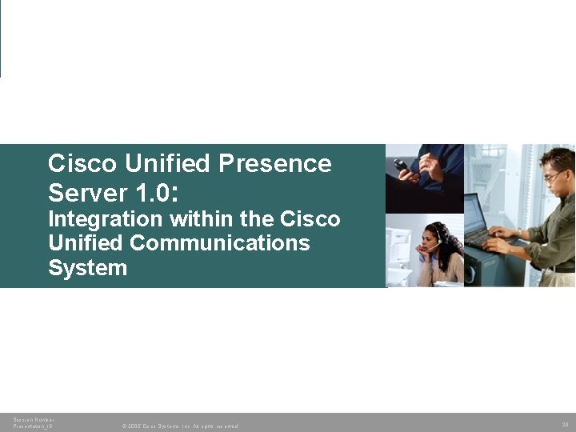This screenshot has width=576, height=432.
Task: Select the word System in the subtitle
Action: [87, 267]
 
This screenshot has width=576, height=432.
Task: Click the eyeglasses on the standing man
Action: [553, 176]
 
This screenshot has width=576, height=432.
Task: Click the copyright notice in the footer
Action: [180, 426]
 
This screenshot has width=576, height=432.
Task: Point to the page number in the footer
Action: [565, 423]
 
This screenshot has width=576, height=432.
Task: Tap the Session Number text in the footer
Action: [34, 419]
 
